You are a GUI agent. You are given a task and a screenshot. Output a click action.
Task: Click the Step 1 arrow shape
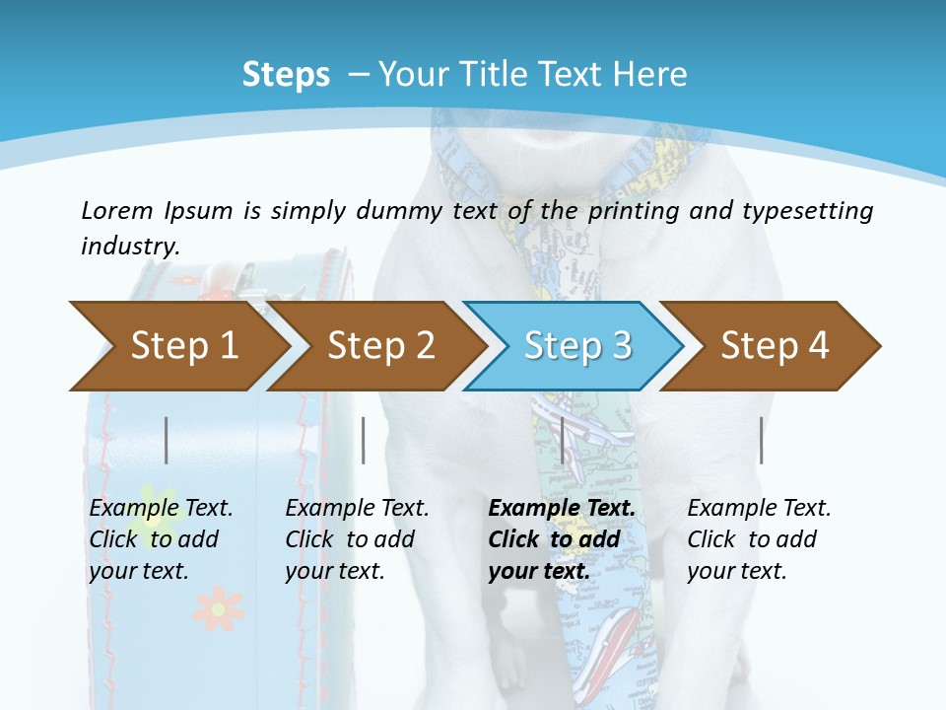tap(183, 346)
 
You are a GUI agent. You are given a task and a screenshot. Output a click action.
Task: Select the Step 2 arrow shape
tap(380, 346)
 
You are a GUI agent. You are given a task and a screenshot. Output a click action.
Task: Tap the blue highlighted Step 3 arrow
tap(576, 346)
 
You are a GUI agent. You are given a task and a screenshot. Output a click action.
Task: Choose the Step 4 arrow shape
tap(774, 346)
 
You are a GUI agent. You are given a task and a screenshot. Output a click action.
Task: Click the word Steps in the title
tap(286, 75)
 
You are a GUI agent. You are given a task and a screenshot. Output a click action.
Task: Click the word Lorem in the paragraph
tap(117, 211)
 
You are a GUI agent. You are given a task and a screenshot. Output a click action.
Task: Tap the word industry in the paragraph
tap(130, 247)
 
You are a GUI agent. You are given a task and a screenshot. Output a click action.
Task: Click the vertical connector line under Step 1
tap(167, 440)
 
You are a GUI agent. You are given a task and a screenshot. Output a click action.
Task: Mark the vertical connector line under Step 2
tap(364, 440)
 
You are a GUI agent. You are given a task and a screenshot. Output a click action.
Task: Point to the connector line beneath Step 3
tap(562, 440)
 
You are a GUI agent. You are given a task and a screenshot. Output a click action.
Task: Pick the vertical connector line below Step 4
tap(761, 440)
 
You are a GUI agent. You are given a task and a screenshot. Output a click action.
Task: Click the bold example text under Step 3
tap(562, 539)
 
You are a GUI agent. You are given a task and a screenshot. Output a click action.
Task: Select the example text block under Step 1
tap(161, 539)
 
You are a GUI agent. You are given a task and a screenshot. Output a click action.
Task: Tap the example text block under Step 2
tap(357, 539)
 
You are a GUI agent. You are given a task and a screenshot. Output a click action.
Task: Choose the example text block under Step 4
tap(759, 539)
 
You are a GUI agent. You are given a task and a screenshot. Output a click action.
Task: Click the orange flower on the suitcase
tap(218, 608)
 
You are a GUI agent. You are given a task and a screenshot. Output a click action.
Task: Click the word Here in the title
tap(650, 75)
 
